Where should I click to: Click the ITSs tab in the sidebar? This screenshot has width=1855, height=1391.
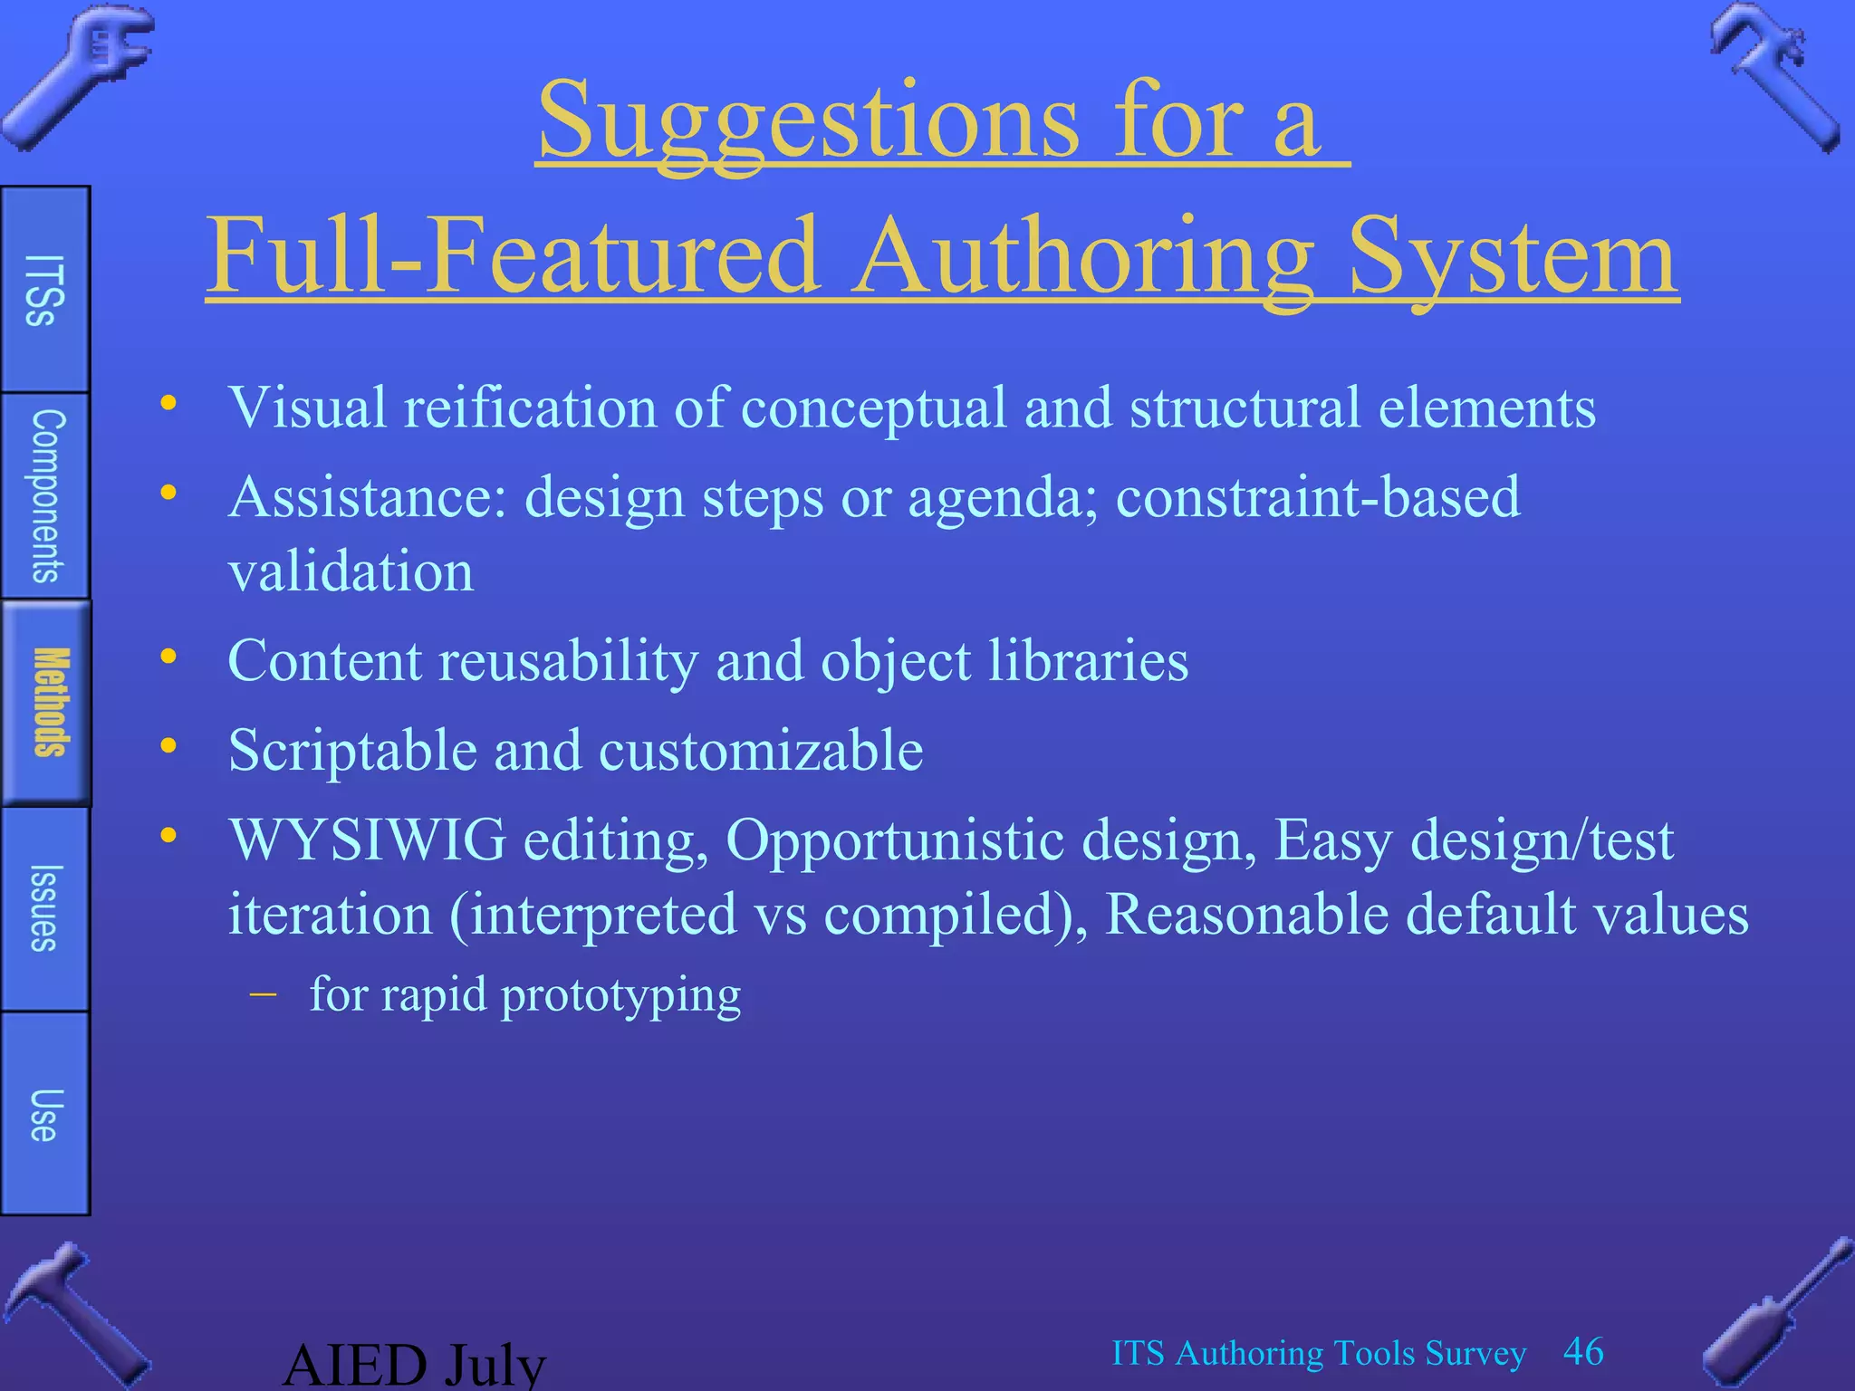pos(44,290)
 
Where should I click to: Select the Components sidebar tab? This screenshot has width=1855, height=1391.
pos(46,496)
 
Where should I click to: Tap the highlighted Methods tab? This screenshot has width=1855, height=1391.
pos(48,703)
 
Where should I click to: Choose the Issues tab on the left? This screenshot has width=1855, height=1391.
pos(44,908)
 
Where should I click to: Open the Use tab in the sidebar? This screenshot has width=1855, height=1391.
pos(44,1115)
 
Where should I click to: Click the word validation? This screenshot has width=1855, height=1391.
pos(351,571)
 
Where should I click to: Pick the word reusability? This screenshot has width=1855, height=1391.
pos(568,660)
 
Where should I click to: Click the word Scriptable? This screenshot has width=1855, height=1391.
pos(352,751)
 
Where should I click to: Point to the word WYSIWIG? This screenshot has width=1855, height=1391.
pos(367,840)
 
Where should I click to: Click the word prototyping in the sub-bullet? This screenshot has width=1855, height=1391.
pos(620,995)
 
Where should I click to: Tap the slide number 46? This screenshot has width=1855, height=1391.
pos(1583,1352)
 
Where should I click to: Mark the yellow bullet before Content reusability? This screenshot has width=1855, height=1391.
pos(168,657)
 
